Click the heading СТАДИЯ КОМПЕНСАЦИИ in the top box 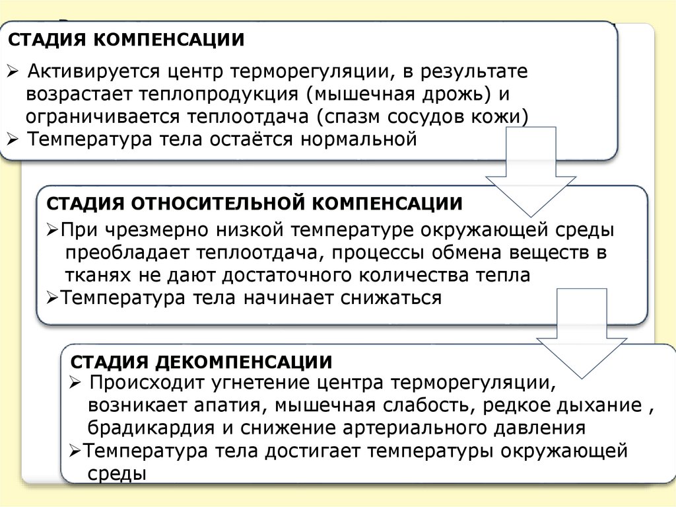tap(125, 39)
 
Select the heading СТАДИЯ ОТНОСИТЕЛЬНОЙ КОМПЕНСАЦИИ tap(254, 202)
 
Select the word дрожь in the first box tap(457, 94)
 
